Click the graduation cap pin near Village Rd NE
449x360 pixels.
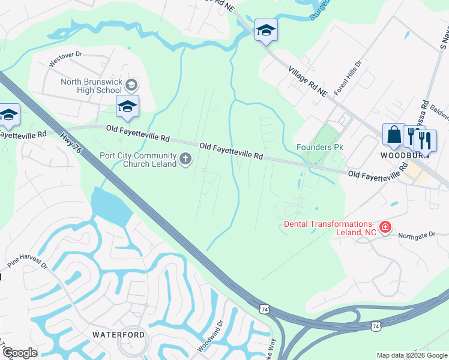(265, 31)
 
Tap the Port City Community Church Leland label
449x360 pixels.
(137, 160)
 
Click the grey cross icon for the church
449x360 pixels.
(185, 159)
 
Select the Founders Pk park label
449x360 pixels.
(319, 147)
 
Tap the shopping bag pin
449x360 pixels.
(394, 134)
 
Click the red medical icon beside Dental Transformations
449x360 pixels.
(385, 227)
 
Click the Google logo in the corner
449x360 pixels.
(19, 353)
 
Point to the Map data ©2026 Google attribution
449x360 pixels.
(412, 355)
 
